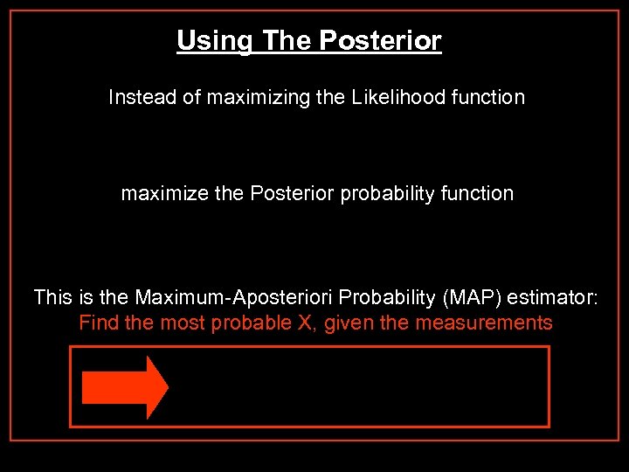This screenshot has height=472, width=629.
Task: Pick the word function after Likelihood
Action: [488, 97]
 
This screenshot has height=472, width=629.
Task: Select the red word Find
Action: [99, 323]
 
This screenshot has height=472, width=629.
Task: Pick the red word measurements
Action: [483, 323]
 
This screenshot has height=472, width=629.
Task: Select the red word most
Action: [177, 323]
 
